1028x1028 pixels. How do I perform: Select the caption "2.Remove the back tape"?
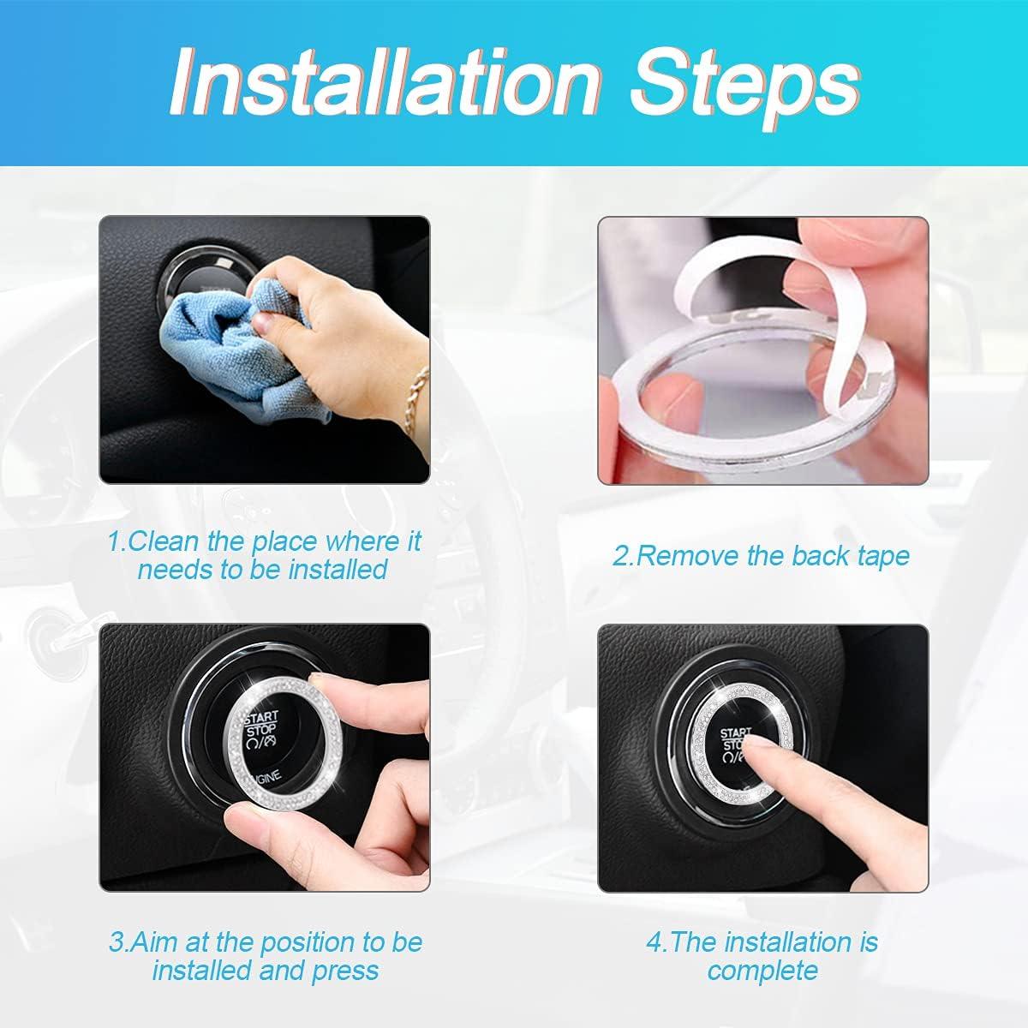tap(760, 555)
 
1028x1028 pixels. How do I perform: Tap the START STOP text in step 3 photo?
tap(261, 725)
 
